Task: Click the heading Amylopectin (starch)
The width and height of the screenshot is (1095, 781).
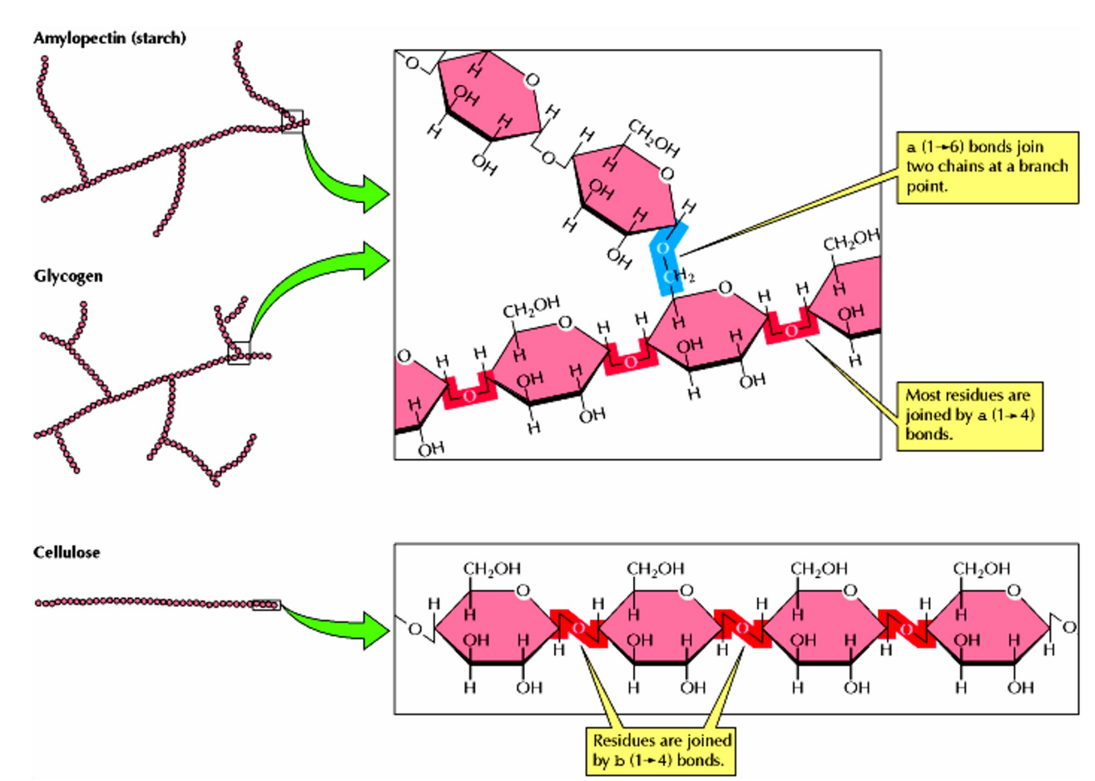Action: point(109,38)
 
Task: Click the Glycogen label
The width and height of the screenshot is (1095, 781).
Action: point(68,276)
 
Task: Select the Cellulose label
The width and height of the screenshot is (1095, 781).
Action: point(67,552)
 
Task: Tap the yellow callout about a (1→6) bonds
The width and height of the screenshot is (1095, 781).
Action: point(987,166)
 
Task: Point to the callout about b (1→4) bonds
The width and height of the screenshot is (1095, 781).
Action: point(662,750)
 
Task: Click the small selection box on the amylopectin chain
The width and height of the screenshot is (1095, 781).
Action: point(292,121)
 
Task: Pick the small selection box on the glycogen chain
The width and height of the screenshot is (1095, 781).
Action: point(239,353)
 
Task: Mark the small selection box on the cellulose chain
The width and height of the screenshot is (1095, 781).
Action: point(266,605)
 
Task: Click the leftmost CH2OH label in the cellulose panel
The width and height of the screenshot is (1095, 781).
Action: point(492,569)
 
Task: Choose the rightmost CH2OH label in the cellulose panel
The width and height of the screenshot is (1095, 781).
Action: point(982,569)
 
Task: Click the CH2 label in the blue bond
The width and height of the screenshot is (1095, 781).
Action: point(681,276)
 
